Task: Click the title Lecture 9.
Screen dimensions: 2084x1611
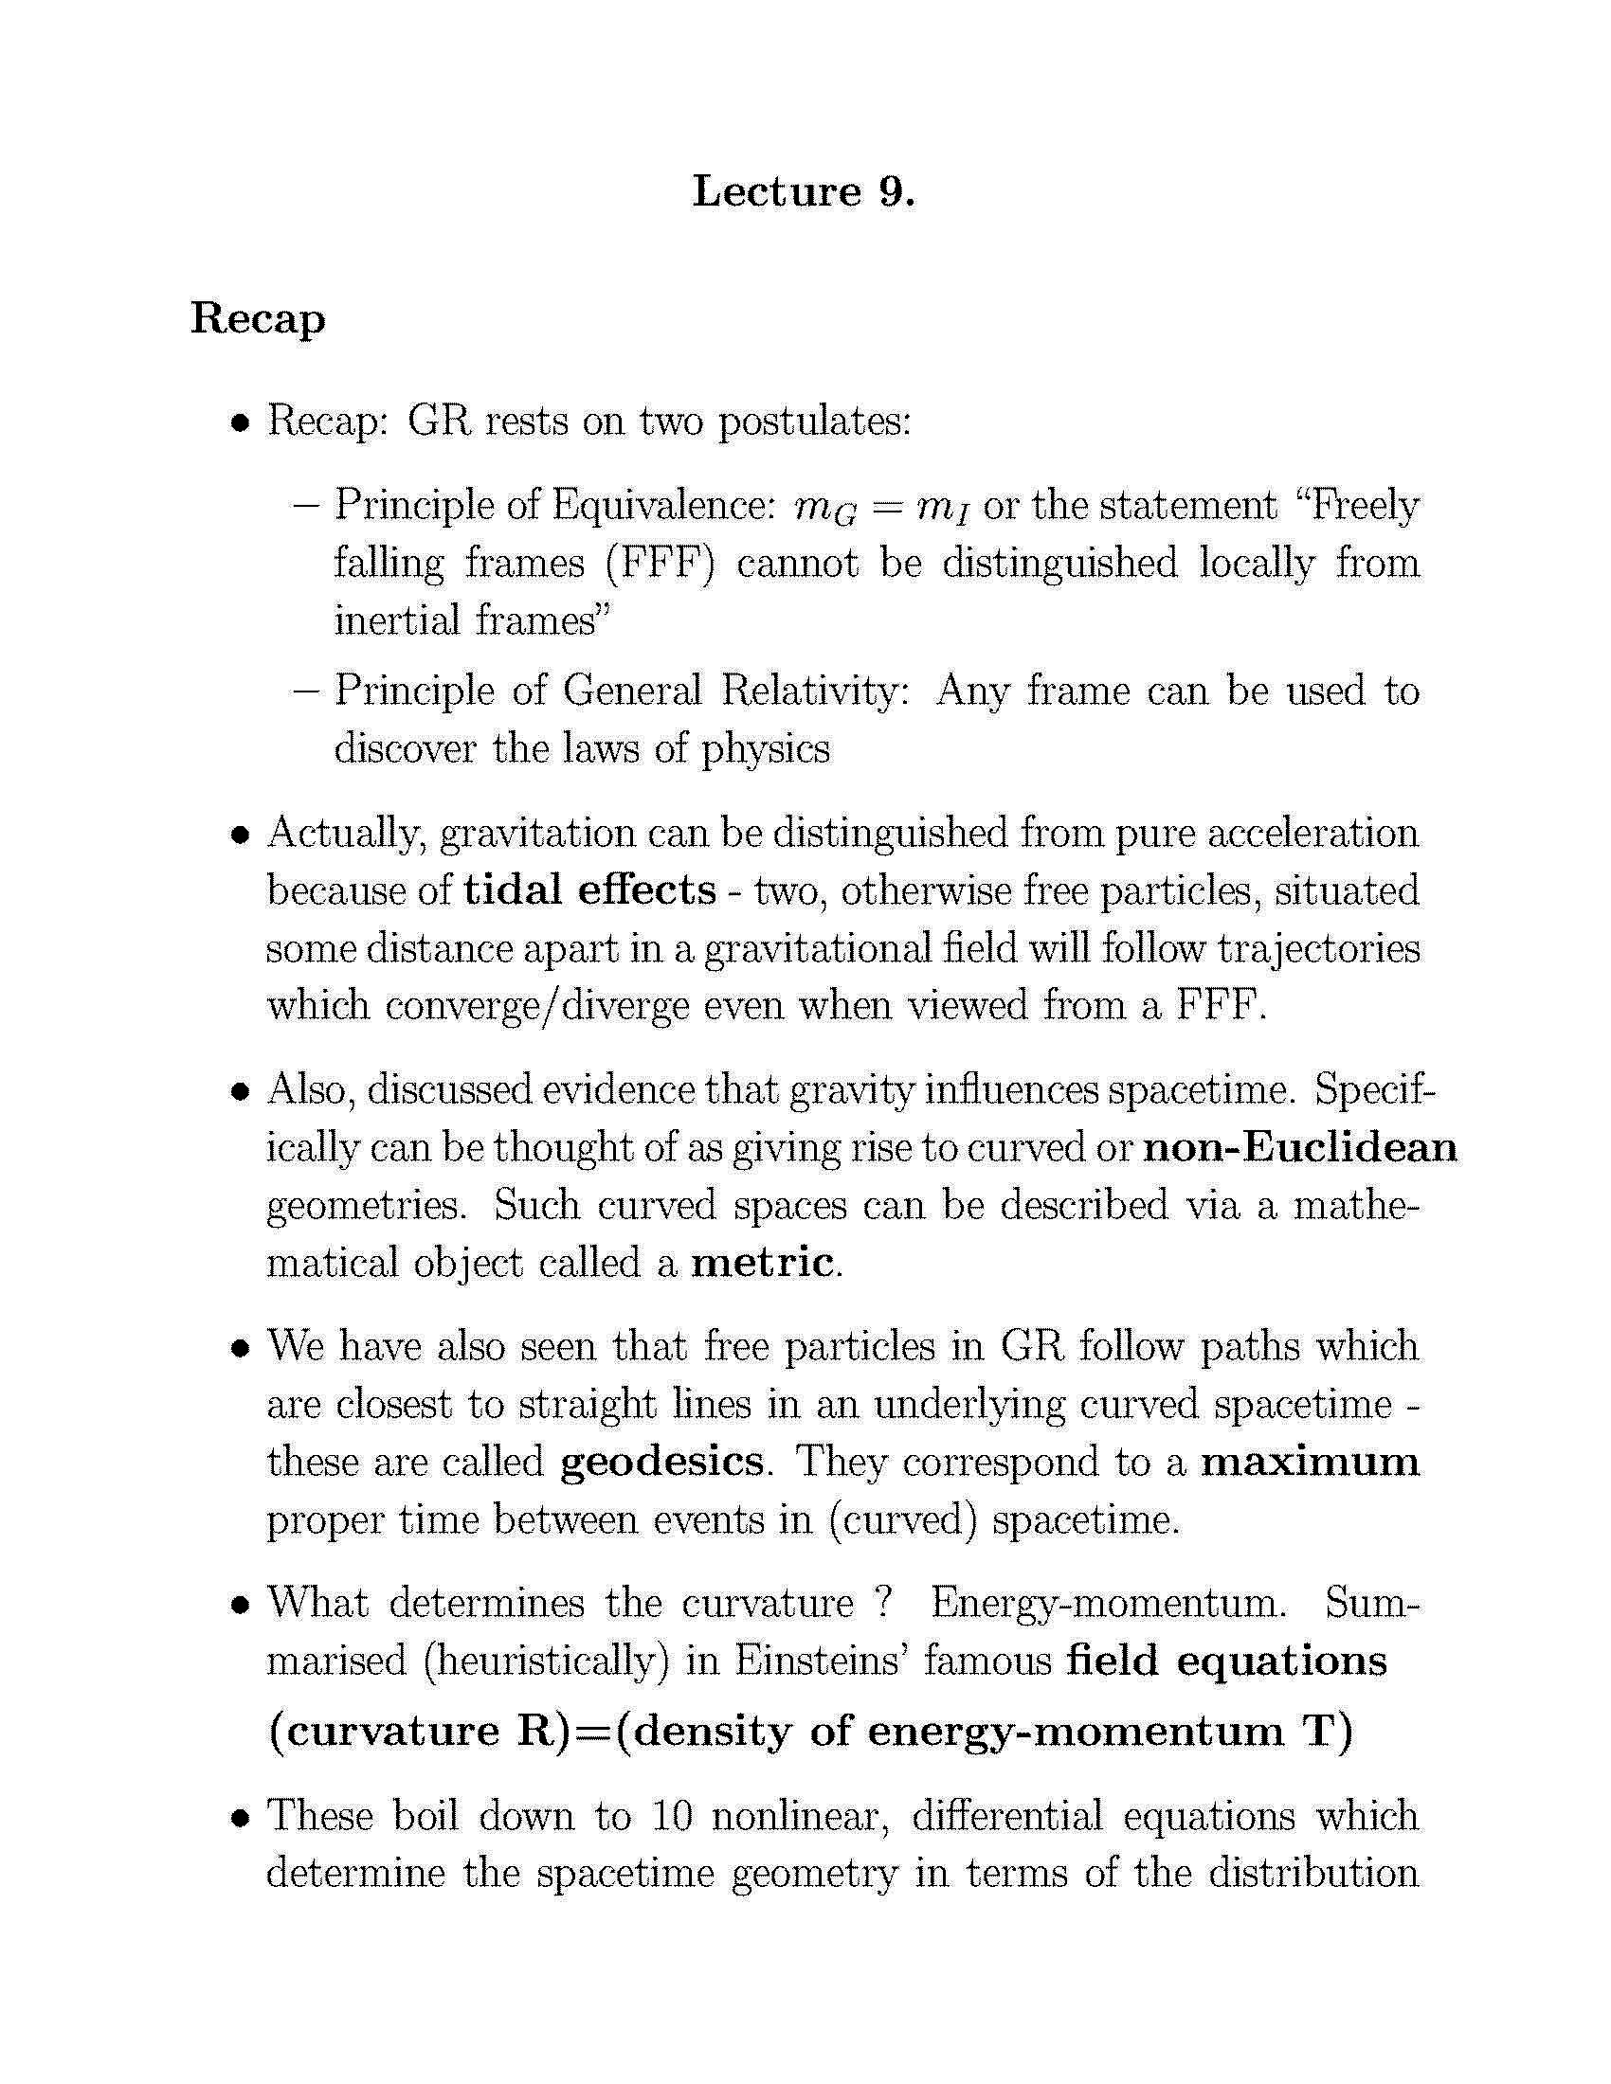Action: pos(804,190)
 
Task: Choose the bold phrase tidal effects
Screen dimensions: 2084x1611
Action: pos(588,889)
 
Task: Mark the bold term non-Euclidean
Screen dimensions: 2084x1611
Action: pos(1300,1146)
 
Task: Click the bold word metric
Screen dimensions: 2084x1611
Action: pos(763,1263)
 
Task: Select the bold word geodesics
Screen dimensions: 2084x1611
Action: pos(661,1461)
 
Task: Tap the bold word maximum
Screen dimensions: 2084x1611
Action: pos(1310,1461)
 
